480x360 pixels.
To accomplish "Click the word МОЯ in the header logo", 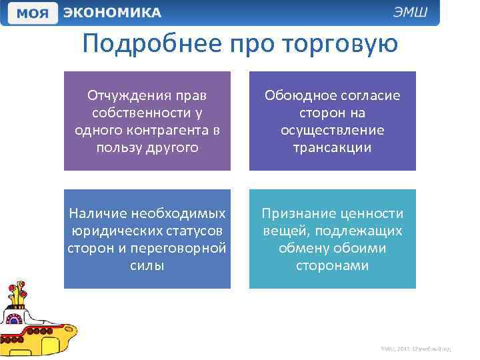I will coord(32,13).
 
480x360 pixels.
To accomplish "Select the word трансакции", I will coord(332,147).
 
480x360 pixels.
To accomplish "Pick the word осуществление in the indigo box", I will coord(332,130).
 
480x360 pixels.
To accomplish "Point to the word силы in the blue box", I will coord(147,265).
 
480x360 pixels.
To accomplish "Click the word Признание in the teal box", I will coord(301,213).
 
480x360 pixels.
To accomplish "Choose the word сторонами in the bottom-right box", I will coord(332,265).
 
